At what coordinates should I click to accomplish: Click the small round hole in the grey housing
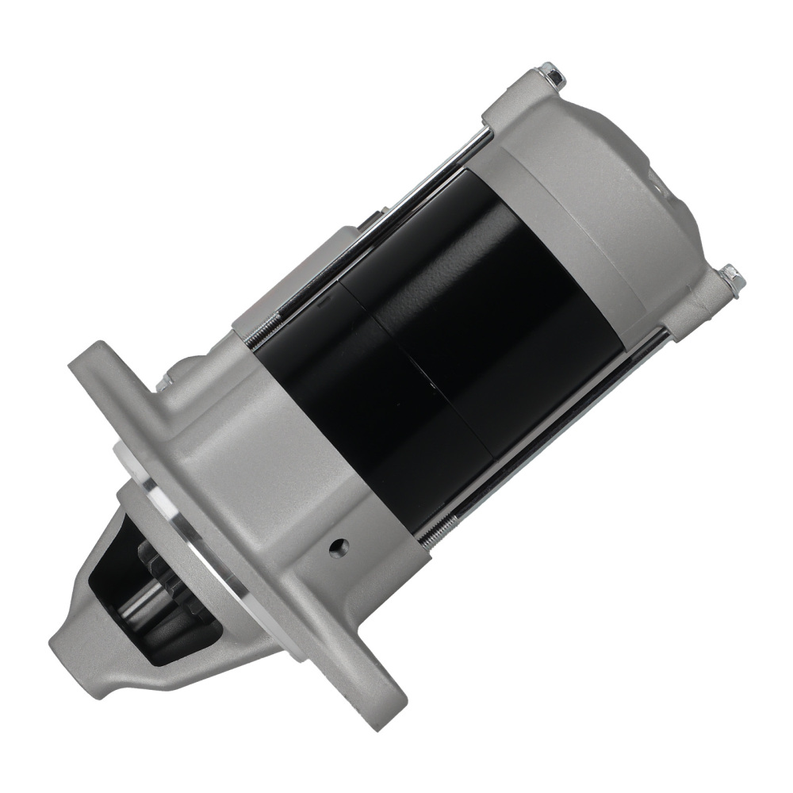click(x=340, y=546)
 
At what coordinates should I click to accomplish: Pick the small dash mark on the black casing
click(x=322, y=302)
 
